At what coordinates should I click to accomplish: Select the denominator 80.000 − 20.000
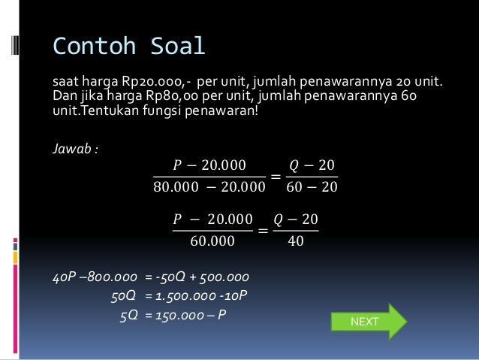209,187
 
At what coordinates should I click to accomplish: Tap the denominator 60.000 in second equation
212,241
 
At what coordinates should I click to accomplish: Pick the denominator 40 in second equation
296,241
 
